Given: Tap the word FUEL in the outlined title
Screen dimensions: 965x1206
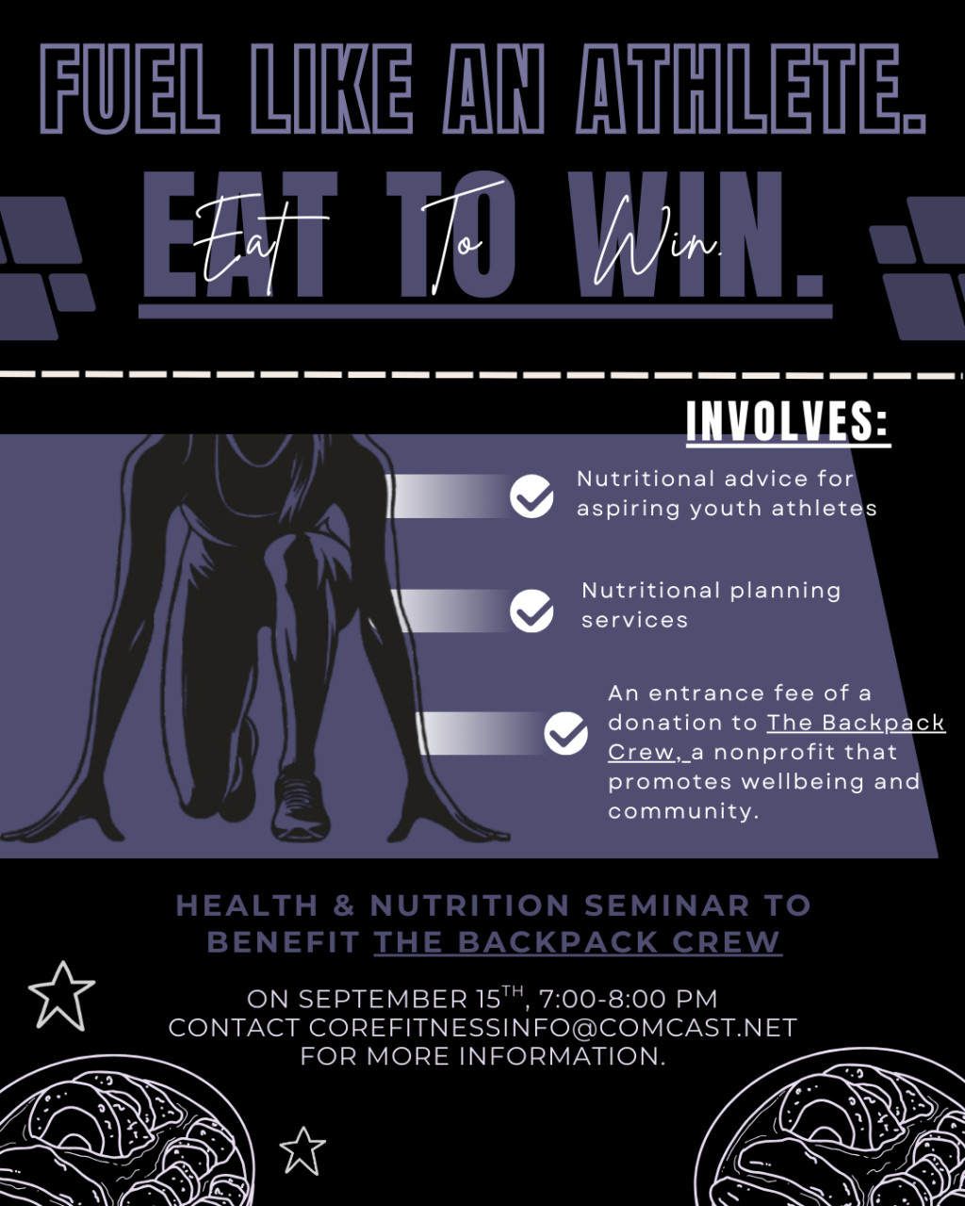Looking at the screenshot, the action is point(129,90).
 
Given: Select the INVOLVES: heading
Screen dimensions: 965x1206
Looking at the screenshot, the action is point(788,421).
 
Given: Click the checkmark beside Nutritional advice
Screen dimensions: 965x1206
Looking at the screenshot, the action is point(532,497).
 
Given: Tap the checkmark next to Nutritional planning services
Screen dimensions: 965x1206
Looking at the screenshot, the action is point(532,611).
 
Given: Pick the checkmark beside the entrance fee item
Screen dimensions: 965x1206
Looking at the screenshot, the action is point(565,734).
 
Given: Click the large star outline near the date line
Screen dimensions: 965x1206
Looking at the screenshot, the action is point(61,998).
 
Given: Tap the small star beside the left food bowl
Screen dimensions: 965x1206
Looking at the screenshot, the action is point(303,1151).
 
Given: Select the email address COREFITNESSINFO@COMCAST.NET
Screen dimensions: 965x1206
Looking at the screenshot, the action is point(553,1028).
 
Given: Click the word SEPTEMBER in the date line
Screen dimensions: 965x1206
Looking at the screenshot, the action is point(383,1000).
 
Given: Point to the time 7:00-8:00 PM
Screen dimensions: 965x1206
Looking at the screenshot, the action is point(628,1000).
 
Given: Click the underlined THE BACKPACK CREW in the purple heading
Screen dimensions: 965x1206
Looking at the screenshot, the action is point(578,942).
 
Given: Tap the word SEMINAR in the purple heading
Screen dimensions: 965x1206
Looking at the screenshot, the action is point(667,906).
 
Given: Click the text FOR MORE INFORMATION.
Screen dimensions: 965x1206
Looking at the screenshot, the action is point(482,1057).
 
